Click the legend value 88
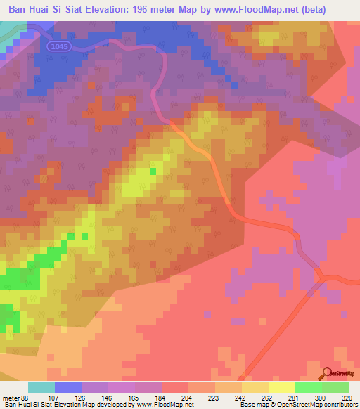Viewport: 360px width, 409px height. (24, 398)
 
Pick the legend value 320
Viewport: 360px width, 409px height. (347, 398)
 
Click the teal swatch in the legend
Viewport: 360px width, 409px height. (41, 387)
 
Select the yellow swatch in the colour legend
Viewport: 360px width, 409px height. (281, 387)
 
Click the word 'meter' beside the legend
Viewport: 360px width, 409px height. (10, 398)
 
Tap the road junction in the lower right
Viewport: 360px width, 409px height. (321, 280)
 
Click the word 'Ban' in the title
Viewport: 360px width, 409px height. (20, 11)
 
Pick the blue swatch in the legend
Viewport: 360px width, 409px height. (67, 387)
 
